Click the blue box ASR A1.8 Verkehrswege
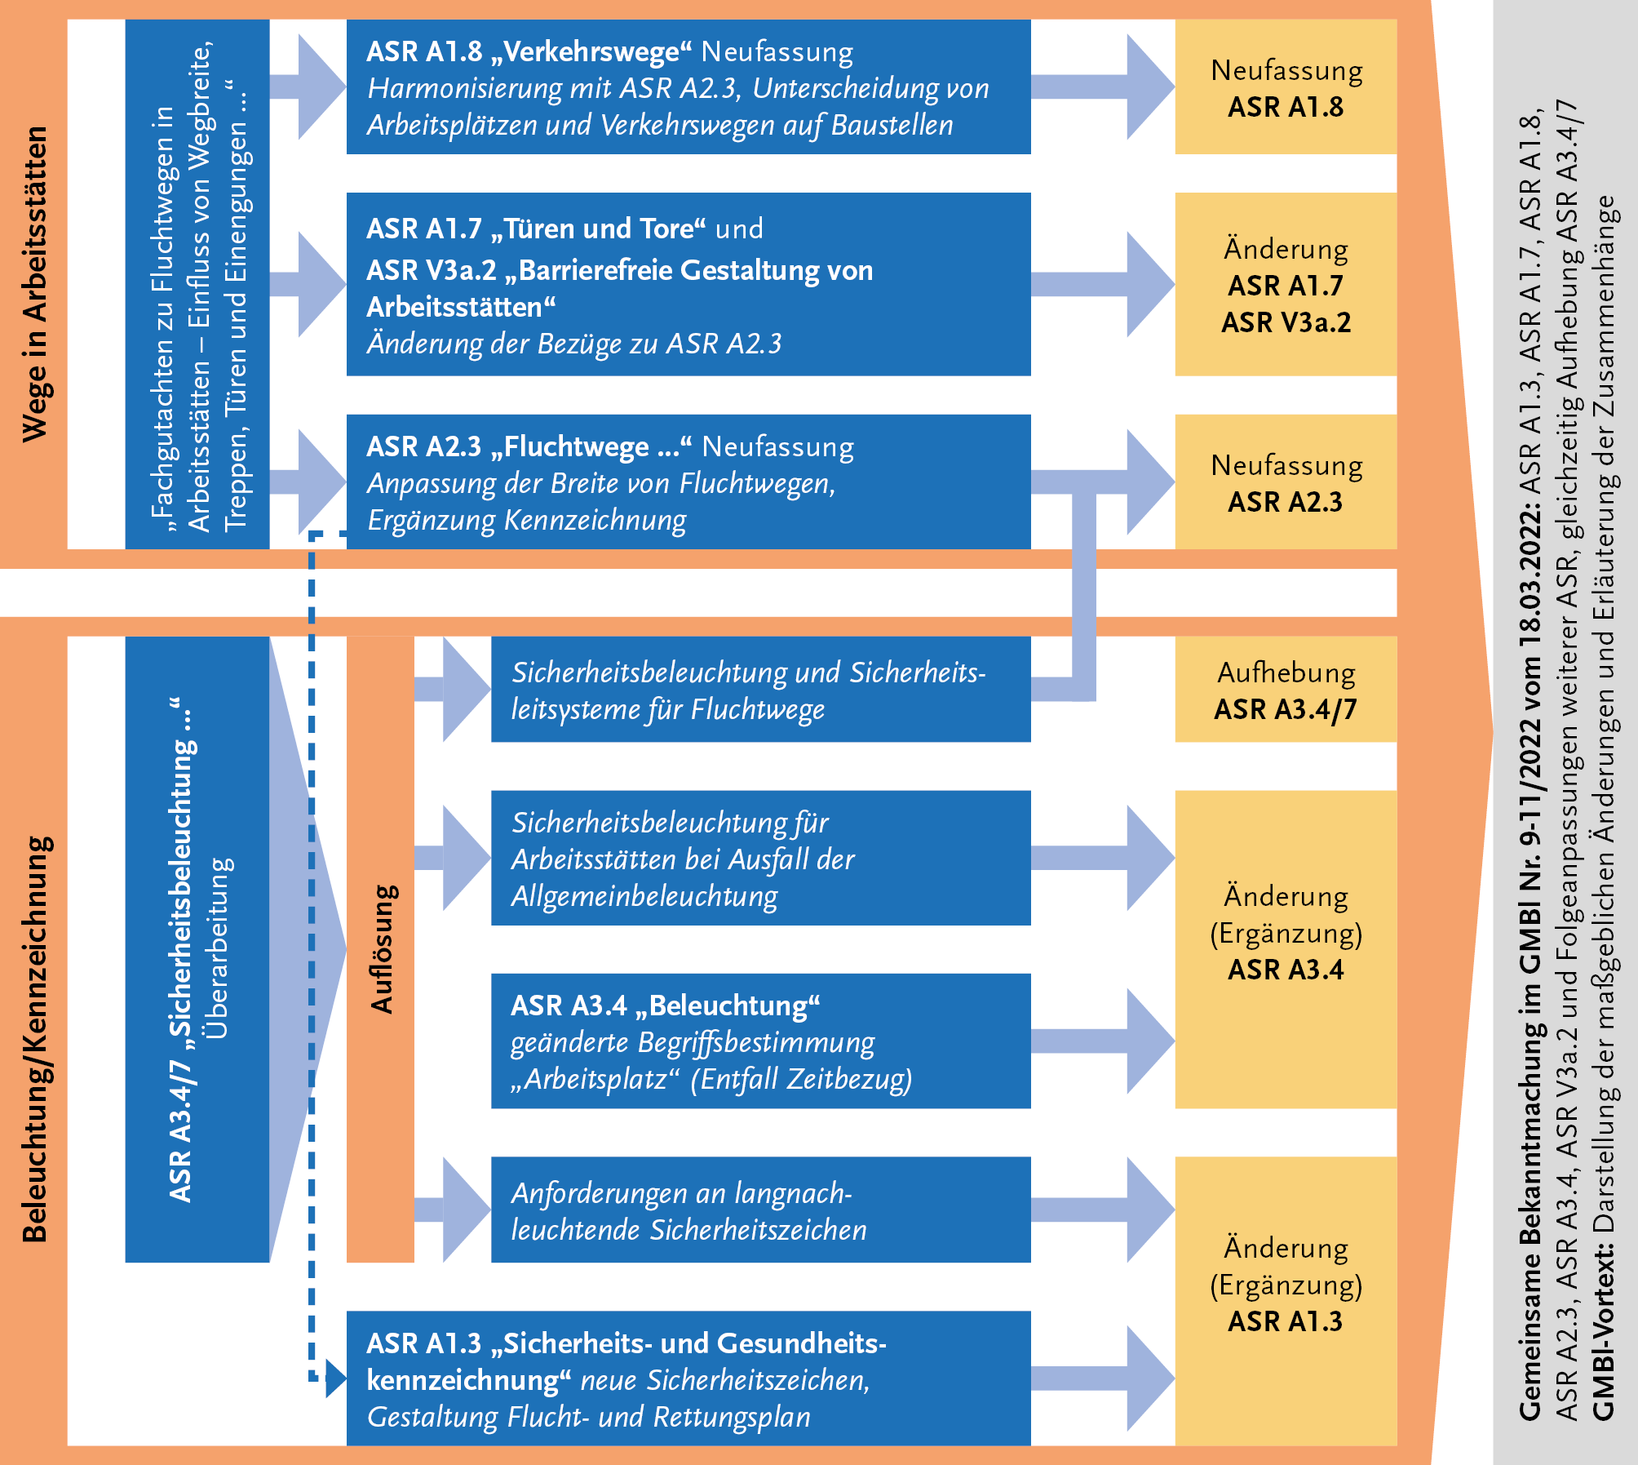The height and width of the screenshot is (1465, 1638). (x=688, y=87)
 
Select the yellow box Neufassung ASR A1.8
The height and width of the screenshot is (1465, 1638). (x=1285, y=87)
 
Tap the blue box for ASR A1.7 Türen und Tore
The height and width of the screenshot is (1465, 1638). (x=688, y=284)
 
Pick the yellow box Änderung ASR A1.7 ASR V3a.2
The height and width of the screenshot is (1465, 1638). (x=1285, y=284)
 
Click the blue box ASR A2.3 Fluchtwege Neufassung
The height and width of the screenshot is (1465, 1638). (x=688, y=482)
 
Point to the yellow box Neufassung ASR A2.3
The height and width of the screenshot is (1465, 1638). (x=1285, y=482)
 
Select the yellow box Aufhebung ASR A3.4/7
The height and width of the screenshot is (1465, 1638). (x=1285, y=690)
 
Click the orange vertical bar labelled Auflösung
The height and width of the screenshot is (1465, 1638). (x=380, y=948)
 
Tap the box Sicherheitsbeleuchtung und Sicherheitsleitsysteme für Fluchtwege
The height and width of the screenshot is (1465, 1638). (x=760, y=690)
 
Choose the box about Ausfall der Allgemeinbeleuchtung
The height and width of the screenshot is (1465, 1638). (x=760, y=858)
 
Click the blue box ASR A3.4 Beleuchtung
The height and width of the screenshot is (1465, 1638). (x=760, y=1041)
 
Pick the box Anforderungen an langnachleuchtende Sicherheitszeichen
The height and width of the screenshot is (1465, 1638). (x=760, y=1210)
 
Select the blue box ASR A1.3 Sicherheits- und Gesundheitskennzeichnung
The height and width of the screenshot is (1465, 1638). (x=688, y=1379)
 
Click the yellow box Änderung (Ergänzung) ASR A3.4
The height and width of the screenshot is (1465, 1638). (x=1285, y=948)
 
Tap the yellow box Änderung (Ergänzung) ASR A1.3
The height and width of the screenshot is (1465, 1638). (x=1285, y=1301)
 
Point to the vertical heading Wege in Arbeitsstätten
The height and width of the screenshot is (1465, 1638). (x=34, y=284)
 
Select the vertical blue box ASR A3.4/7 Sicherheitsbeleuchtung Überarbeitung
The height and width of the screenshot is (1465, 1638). (x=197, y=948)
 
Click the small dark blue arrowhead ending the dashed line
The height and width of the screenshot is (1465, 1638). (x=335, y=1378)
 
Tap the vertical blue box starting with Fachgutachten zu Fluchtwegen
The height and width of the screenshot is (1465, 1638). (x=197, y=284)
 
